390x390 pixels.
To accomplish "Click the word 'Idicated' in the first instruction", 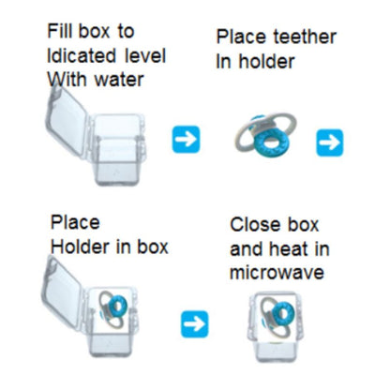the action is coord(82,55).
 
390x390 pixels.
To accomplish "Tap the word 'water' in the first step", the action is coord(119,80).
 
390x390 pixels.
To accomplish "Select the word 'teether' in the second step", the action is coord(305,37).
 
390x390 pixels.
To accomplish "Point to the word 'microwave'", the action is coord(277,273).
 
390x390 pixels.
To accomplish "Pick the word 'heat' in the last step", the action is coord(288,248).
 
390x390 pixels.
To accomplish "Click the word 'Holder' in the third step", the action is coord(80,247).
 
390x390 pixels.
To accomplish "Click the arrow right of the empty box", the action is coord(186,139).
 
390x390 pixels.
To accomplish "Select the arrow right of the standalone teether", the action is coord(330,142).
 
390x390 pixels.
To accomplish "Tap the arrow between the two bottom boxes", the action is coord(194,323).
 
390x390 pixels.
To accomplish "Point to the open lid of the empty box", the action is coord(67,122).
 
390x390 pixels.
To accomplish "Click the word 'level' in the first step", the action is coord(145,55).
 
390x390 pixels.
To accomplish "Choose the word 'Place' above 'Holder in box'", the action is coord(75,222).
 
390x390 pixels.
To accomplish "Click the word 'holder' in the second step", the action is coord(266,61).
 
